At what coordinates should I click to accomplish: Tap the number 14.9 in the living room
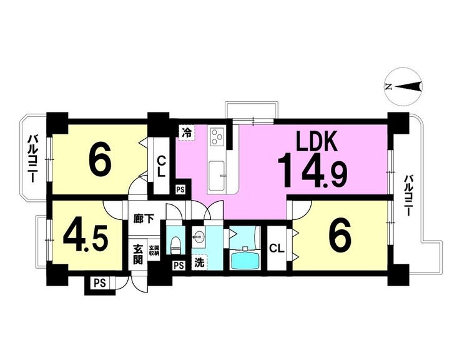(312, 171)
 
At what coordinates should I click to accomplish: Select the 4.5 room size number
(85, 237)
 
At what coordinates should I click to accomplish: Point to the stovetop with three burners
(216, 137)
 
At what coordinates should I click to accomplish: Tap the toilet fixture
(176, 244)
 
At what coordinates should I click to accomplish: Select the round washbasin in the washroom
(199, 237)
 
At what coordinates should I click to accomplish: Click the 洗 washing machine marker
(200, 263)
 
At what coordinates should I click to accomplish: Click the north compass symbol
(404, 86)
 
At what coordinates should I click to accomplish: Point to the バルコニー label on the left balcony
(31, 158)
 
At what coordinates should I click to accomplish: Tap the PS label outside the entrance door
(100, 283)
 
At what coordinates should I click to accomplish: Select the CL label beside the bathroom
(277, 249)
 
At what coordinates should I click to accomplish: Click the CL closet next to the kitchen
(161, 166)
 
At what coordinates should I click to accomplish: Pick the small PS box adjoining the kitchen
(180, 189)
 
